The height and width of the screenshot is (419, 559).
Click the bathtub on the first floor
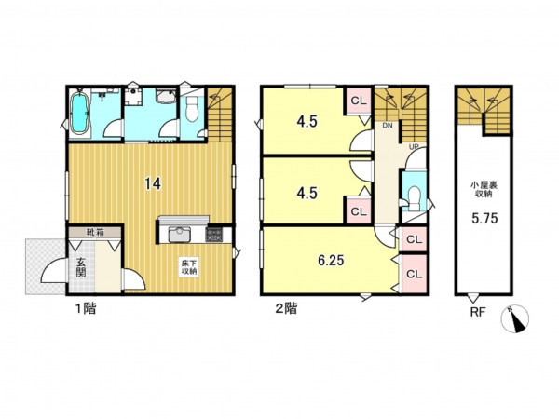coord(79,114)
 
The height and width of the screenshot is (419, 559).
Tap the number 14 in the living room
coord(153,183)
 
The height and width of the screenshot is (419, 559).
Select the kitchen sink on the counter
coord(179,236)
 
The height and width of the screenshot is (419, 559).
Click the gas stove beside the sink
coord(214,236)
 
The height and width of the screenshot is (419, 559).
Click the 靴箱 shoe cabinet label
coord(95,233)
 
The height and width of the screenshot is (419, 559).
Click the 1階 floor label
coord(85,308)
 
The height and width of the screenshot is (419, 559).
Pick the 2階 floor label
coord(286,308)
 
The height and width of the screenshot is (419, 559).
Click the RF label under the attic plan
coord(478,313)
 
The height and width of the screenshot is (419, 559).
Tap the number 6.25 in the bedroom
coord(331,261)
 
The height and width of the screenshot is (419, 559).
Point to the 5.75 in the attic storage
coord(484,219)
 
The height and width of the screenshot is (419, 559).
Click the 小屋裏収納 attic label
coord(484,190)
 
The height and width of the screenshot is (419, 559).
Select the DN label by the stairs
coord(388,126)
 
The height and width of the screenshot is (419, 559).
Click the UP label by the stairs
coord(414,147)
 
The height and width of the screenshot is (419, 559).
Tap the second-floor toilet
coord(414,198)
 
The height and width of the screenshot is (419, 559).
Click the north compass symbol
coord(515,319)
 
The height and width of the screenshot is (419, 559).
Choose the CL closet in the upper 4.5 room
coord(359,101)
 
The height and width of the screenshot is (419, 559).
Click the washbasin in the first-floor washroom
coord(166,96)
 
